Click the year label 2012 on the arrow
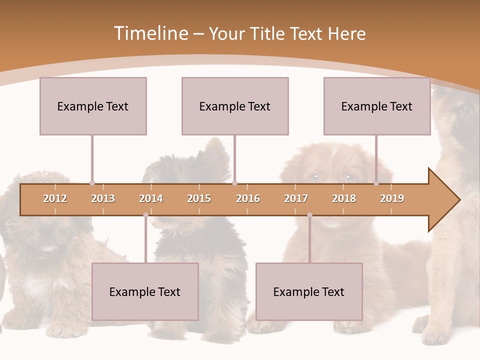55,198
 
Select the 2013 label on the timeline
103,198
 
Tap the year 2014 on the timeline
151,198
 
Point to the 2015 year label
199,198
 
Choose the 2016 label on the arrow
248,198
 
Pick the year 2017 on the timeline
296,198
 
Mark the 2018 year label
344,198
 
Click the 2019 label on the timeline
392,198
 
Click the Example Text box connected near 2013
93,106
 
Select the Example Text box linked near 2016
235,106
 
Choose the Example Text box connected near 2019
377,106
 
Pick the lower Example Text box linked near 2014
145,291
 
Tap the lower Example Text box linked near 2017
309,291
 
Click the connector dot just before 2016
234,183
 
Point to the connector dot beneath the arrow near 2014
145,215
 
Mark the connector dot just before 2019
376,183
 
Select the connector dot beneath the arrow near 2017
309,215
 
